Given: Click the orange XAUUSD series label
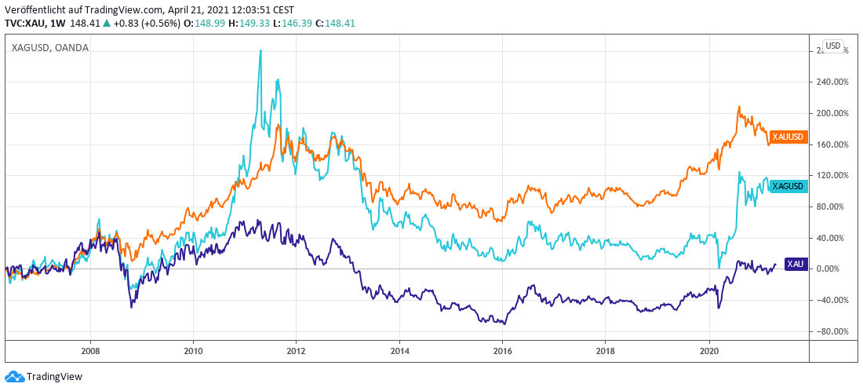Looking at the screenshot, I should point(788,137).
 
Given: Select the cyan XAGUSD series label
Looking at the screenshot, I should point(788,186).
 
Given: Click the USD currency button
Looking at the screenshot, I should point(832,46).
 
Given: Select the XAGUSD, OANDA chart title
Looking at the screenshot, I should point(50,48).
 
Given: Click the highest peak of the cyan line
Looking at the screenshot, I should point(260,51).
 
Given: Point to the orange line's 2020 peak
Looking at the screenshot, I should point(738,107).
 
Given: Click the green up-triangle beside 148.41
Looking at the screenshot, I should point(106,23).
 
